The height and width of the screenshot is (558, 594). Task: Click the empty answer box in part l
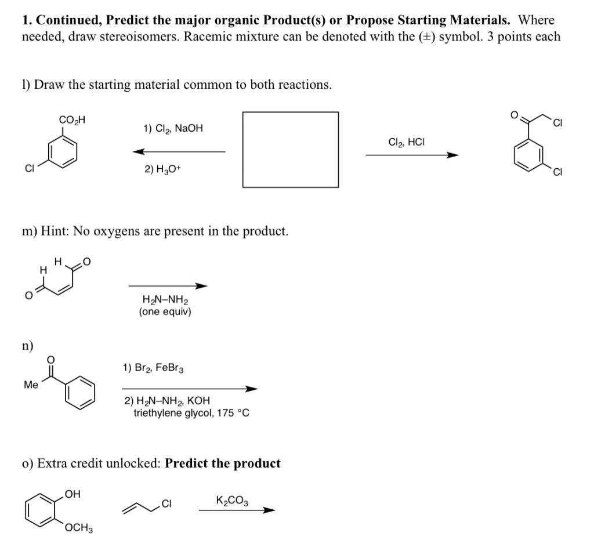pyautogui.click(x=290, y=150)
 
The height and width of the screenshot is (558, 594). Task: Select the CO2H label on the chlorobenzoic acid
pyautogui.click(x=72, y=120)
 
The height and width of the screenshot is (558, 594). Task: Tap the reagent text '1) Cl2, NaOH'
pyautogui.click(x=173, y=128)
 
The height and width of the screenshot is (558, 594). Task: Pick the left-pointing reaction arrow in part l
pyautogui.click(x=179, y=152)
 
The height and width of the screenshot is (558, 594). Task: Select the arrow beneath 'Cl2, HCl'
pyautogui.click(x=412, y=155)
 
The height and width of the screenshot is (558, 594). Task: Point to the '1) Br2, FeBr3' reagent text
pyautogui.click(x=153, y=368)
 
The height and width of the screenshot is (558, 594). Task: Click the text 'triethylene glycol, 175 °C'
pyautogui.click(x=191, y=413)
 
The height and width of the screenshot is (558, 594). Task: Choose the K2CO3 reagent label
pyautogui.click(x=233, y=501)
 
